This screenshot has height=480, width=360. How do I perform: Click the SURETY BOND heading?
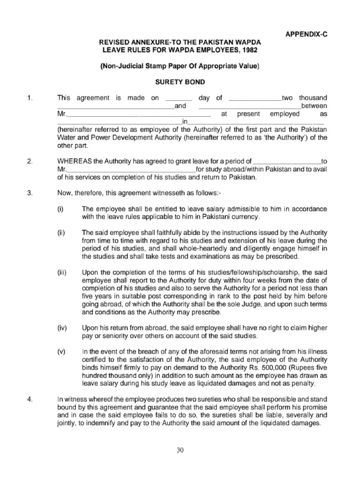[180, 82]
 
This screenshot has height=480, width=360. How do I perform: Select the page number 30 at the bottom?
[180, 450]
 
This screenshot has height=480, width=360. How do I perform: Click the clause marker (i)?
[60, 209]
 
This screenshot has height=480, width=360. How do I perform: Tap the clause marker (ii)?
[61, 233]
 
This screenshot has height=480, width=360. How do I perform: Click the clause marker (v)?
[61, 352]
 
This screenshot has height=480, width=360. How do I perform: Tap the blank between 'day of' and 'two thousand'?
[254, 99]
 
